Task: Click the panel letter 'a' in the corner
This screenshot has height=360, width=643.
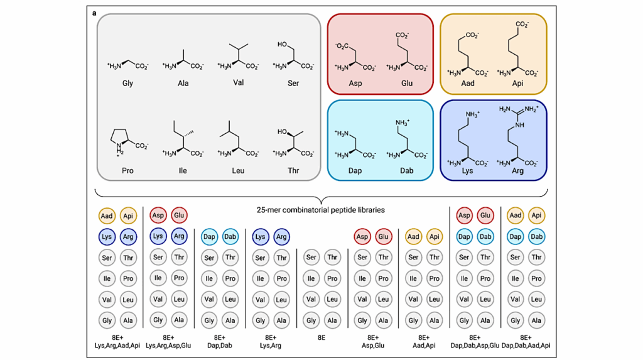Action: (94, 12)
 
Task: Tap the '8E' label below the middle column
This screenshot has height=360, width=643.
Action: (321, 337)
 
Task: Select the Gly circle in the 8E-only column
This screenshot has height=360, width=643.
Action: (311, 320)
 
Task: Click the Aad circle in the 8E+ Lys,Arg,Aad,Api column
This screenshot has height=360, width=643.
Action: (107, 215)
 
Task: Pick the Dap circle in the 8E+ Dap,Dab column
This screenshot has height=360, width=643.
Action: (210, 237)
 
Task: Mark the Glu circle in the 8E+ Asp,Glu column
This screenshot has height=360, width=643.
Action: (383, 237)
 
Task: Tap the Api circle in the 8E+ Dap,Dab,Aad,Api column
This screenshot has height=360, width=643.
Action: (536, 215)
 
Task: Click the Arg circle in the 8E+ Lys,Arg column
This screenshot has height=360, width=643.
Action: (282, 237)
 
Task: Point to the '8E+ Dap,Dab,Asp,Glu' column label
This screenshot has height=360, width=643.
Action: (475, 341)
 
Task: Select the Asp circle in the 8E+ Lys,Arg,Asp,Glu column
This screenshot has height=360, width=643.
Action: (158, 215)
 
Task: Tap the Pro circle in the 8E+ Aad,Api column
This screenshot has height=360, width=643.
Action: (434, 278)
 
